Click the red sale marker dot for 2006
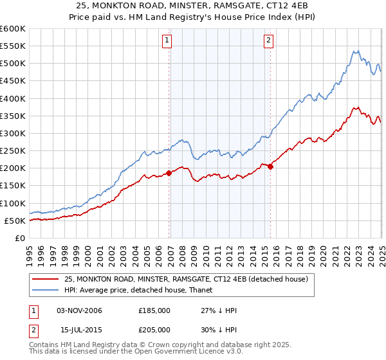click(169, 173)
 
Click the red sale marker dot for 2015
click(271, 166)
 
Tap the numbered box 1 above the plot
click(167, 40)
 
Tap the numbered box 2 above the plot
click(268, 40)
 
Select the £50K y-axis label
click(15, 221)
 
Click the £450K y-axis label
click(13, 81)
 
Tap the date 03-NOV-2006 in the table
click(79, 311)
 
